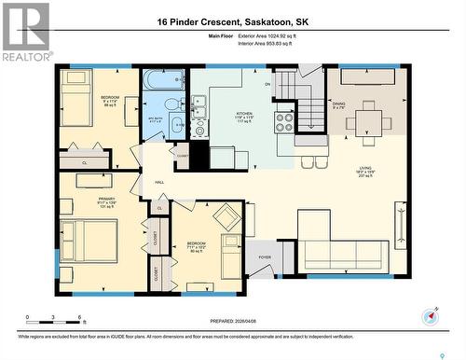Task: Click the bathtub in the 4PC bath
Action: point(164,81)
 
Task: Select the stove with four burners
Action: point(284,118)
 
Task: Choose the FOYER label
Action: point(266,256)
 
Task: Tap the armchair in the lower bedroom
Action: point(226,218)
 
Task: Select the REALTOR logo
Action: point(26,32)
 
